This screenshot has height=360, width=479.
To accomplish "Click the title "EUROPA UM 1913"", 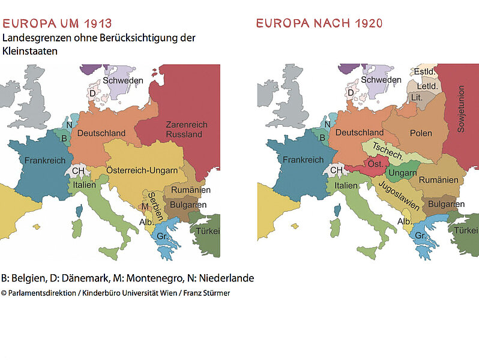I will tap(57, 24).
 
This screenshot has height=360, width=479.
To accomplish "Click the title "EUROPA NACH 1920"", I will tap(319, 24).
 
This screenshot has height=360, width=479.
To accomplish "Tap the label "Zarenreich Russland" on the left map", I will tap(186, 129).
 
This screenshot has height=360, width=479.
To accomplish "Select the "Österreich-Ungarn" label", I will tap(142, 170).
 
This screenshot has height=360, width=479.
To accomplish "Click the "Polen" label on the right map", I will tap(421, 133).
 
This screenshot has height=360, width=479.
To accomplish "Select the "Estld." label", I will tap(425, 72).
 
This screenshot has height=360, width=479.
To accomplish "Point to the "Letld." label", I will tap(427, 86).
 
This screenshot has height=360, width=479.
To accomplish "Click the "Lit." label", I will tap(416, 98).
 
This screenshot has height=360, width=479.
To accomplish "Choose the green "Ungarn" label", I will tap(402, 173).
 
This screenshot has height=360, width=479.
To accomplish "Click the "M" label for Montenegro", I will tap(144, 207).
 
